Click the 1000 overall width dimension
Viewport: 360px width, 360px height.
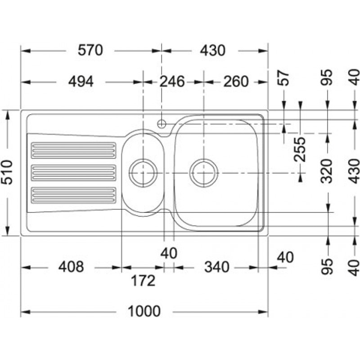click(144, 311)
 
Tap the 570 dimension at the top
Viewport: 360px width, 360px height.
click(90, 50)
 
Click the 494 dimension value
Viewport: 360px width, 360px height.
click(81, 81)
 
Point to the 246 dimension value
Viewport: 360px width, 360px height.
click(172, 81)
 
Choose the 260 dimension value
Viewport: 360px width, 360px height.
click(236, 81)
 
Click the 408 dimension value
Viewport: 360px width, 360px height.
click(71, 267)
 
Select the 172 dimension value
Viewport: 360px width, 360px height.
click(143, 280)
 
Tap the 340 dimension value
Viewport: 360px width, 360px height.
click(217, 267)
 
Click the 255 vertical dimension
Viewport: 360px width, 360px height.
click(300, 149)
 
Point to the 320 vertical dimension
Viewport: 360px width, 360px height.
click(327, 171)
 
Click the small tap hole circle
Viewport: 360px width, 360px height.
click(162, 124)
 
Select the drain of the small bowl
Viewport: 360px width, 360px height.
click(143, 173)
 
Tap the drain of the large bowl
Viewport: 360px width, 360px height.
click(204, 173)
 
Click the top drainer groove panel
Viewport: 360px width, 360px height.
click(73, 151)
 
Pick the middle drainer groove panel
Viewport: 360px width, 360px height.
click(73, 173)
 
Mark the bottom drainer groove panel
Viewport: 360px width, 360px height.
click(73, 195)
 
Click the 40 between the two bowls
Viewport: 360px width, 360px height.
click(169, 253)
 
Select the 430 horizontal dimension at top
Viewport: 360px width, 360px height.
click(212, 50)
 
